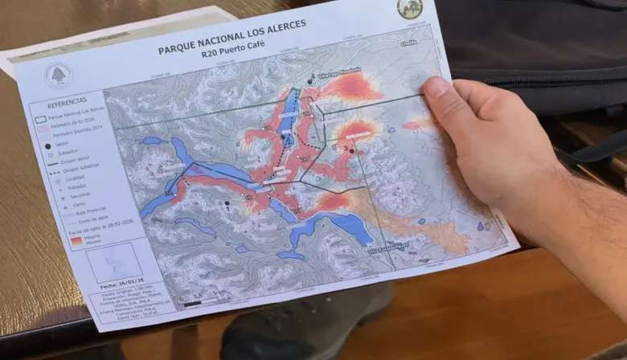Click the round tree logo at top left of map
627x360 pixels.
coord(58,76)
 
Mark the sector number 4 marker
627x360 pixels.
coord(310,80)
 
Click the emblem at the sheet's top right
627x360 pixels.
coord(410,9)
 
